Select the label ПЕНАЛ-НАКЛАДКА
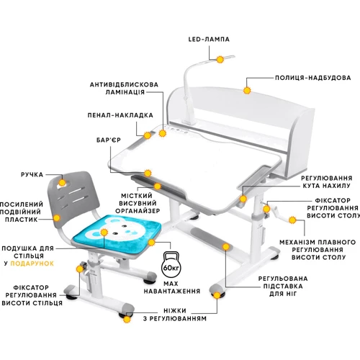pos(120,114)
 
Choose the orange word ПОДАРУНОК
pos(32,264)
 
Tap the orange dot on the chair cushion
pos(104,233)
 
